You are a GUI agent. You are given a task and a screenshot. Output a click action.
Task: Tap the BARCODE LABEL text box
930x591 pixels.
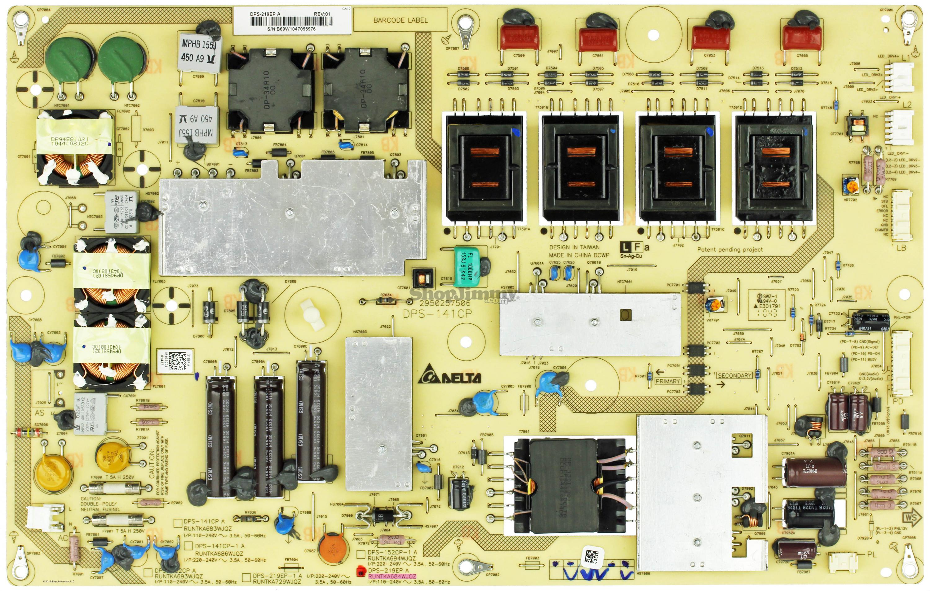(401, 20)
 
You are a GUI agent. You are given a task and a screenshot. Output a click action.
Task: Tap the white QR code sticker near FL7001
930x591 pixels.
(181, 362)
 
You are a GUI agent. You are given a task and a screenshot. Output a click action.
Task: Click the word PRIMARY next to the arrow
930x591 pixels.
(667, 381)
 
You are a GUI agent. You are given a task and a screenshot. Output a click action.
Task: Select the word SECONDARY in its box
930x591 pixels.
(734, 375)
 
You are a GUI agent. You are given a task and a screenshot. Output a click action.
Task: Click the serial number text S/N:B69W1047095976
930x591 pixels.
(291, 28)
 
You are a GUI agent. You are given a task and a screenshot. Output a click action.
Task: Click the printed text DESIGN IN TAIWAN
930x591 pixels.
(574, 247)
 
